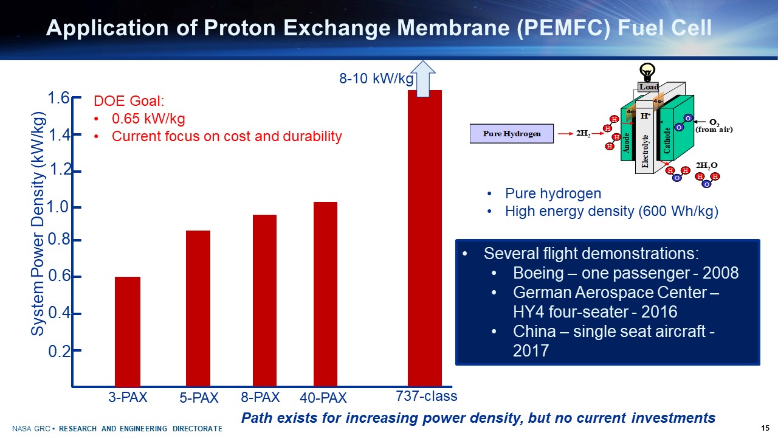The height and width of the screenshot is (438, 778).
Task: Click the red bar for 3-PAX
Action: click(x=128, y=332)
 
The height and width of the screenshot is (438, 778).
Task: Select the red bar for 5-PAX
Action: click(x=198, y=308)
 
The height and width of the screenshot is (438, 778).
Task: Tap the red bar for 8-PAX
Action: click(x=264, y=301)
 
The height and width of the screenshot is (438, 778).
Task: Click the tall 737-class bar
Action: click(x=424, y=238)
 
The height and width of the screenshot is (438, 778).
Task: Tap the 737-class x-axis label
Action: click(x=426, y=396)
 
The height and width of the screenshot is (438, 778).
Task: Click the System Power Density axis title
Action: click(x=38, y=223)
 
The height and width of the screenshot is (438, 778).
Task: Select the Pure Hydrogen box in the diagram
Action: click(x=512, y=134)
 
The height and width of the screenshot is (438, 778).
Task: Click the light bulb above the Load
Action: click(x=648, y=72)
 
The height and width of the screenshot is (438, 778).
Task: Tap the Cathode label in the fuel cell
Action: click(x=667, y=140)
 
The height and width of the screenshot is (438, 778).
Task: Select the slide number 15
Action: click(x=765, y=428)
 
